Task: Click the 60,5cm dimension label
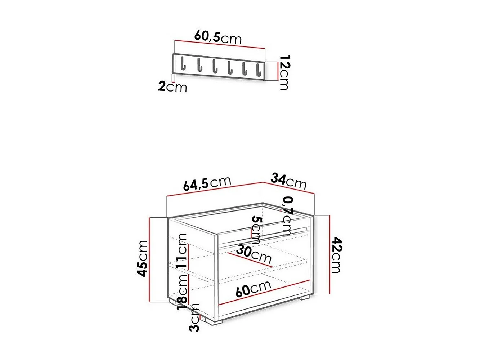coord(218,37)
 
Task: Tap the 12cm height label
coord(284,72)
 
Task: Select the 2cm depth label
coord(172,87)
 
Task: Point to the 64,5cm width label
coord(207,183)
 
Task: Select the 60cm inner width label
coord(253,288)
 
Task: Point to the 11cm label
coord(183,250)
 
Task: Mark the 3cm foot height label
coord(194,317)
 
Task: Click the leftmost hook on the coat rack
coord(183,64)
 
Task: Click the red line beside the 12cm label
coord(277,71)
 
